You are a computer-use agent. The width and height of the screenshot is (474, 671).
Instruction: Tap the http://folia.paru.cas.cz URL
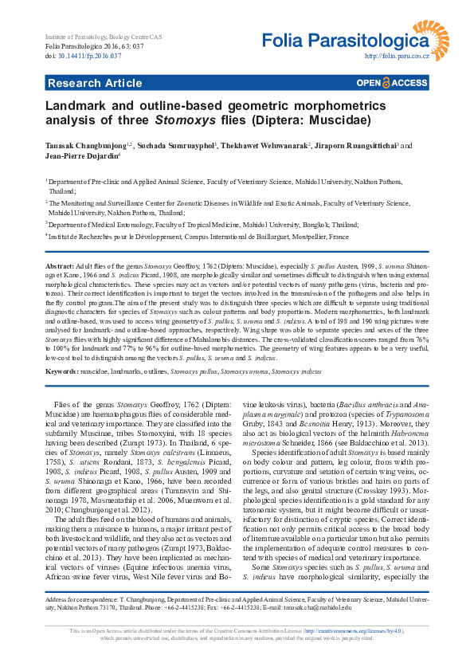click(x=397, y=57)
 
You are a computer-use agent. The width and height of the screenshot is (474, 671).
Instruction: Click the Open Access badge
click(x=392, y=83)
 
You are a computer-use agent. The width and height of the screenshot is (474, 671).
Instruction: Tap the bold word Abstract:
click(x=60, y=264)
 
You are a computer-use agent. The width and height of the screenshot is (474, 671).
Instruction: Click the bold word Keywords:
click(x=62, y=372)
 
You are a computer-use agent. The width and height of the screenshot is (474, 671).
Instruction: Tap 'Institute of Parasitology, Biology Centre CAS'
click(x=113, y=38)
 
